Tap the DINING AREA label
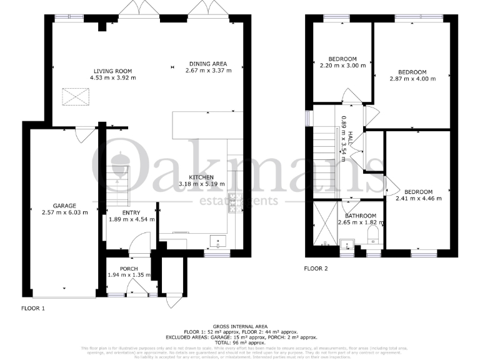[x=208, y=64]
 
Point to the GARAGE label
[x=64, y=206]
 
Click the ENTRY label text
[x=131, y=212]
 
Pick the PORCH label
[x=129, y=269]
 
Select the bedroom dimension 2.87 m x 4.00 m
[x=412, y=79]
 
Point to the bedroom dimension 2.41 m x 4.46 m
[x=418, y=199]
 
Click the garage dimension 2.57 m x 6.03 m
[x=64, y=212]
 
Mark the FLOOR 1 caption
[x=33, y=308]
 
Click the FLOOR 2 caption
[x=316, y=269]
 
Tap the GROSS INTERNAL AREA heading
[x=240, y=326]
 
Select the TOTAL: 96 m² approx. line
[x=240, y=343]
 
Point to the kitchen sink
[x=216, y=240]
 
